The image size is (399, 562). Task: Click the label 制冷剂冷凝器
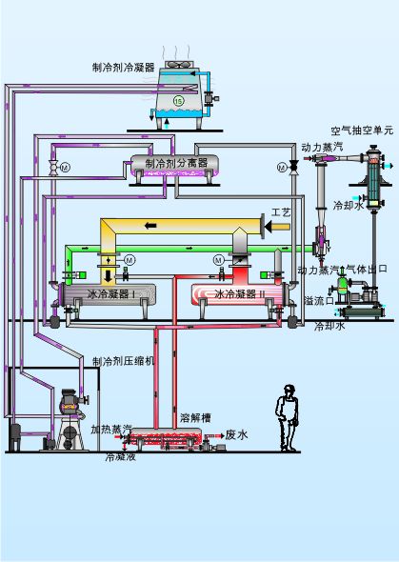coord(123,68)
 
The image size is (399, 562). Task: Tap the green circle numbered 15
coord(178,101)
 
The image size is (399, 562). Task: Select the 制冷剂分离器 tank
coord(174,166)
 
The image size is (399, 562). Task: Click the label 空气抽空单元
coord(362,130)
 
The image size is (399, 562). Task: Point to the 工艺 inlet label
coord(281,212)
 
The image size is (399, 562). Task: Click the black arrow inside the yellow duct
coord(150,226)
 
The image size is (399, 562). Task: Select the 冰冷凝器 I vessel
coord(109,295)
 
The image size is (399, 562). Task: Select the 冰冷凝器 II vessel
coord(239,294)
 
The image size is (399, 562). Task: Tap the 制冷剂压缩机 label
coord(124,361)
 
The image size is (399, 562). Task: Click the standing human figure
coord(288,418)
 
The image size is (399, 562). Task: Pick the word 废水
coord(236,435)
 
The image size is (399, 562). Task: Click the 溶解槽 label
coord(195,417)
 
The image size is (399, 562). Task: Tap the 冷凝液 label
coord(121,457)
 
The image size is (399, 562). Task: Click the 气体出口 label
coord(368,269)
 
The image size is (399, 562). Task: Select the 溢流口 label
coord(320,300)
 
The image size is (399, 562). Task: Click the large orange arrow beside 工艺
coord(277,226)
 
